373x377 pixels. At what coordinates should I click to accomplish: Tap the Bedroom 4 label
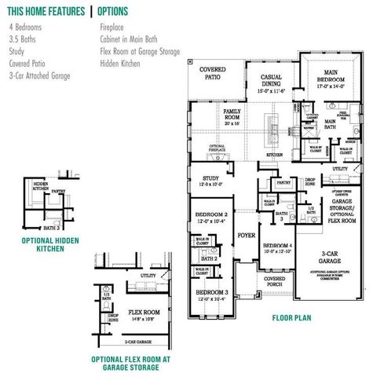pos(277,248)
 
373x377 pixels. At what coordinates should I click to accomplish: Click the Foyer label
pos(247,235)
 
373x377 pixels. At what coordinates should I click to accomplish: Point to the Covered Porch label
pos(274,284)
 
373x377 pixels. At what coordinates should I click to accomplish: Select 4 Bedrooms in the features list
pos(27,25)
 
